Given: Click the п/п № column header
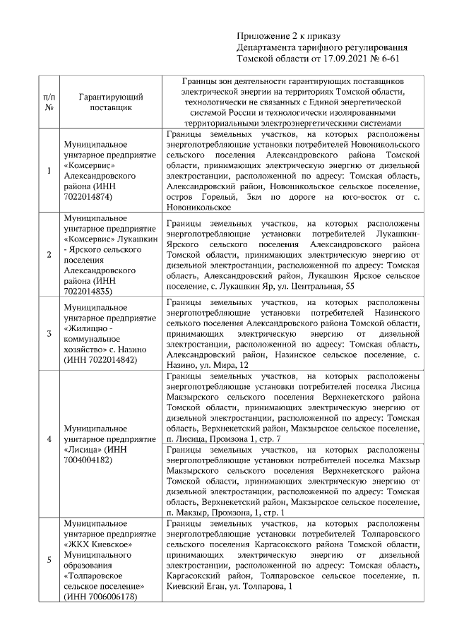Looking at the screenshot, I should pos(49,102).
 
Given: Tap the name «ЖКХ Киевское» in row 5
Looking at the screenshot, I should pos(93,544).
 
